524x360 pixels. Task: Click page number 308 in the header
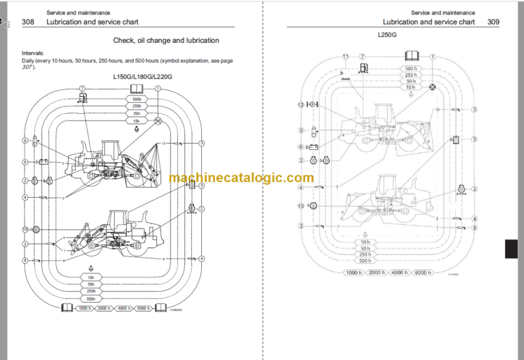point(28,22)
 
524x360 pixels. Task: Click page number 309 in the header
point(493,22)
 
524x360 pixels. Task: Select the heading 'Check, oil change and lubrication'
point(166,41)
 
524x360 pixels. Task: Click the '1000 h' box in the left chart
point(84,308)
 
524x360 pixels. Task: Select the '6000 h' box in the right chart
point(423,273)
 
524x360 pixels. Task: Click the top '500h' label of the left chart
point(137,99)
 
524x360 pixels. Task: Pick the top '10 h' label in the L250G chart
point(410,87)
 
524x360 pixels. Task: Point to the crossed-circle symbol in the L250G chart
point(432,87)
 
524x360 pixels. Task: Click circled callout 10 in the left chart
point(25,230)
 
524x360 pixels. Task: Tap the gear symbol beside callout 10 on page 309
point(314,205)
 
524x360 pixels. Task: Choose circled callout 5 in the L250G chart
point(475,139)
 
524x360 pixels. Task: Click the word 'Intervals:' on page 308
point(33,53)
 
